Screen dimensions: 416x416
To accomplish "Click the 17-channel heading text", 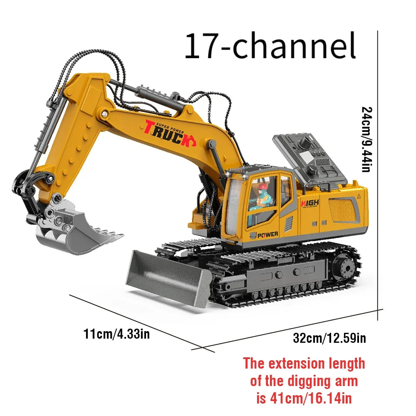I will pyautogui.click(x=270, y=47).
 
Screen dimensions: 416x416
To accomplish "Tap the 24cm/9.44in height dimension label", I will pyautogui.click(x=366, y=139).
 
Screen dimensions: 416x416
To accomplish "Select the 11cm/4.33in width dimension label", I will pyautogui.click(x=116, y=334).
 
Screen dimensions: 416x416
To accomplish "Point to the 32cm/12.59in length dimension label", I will pyautogui.click(x=329, y=338).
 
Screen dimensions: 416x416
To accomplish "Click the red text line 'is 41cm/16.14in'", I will pyautogui.click(x=304, y=398).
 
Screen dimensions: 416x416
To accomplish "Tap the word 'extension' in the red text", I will pyautogui.click(x=296, y=363).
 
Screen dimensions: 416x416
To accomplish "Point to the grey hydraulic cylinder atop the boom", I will pyautogui.click(x=158, y=100).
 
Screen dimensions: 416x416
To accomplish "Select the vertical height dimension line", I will pyautogui.click(x=378, y=175).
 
